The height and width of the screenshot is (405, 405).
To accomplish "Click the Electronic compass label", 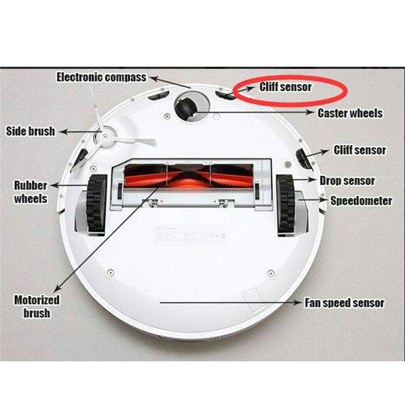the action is pyautogui.click(x=101, y=77).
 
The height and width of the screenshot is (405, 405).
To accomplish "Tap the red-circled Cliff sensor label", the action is pyautogui.click(x=286, y=87).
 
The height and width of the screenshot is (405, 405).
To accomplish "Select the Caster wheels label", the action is pyautogui.click(x=350, y=113).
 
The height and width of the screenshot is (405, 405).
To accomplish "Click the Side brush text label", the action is pyautogui.click(x=30, y=131).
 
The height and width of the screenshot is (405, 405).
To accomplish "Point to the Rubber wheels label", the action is pyautogui.click(x=31, y=192).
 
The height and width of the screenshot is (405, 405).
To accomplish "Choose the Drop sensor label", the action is pyautogui.click(x=347, y=181).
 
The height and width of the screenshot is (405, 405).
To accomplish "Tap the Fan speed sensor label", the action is pyautogui.click(x=344, y=303).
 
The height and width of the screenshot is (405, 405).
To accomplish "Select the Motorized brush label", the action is pyautogui.click(x=36, y=306).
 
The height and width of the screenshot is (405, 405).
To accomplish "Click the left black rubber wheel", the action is pyautogui.click(x=96, y=205).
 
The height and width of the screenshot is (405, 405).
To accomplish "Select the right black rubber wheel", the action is pyautogui.click(x=286, y=205).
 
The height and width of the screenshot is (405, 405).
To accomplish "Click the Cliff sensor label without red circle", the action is pyautogui.click(x=360, y=150).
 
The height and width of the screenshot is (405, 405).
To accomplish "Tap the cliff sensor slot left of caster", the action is pyautogui.click(x=158, y=96).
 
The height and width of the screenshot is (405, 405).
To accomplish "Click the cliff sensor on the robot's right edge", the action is pyautogui.click(x=303, y=159).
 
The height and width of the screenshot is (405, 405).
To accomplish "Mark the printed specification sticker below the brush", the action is pyautogui.click(x=190, y=234).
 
